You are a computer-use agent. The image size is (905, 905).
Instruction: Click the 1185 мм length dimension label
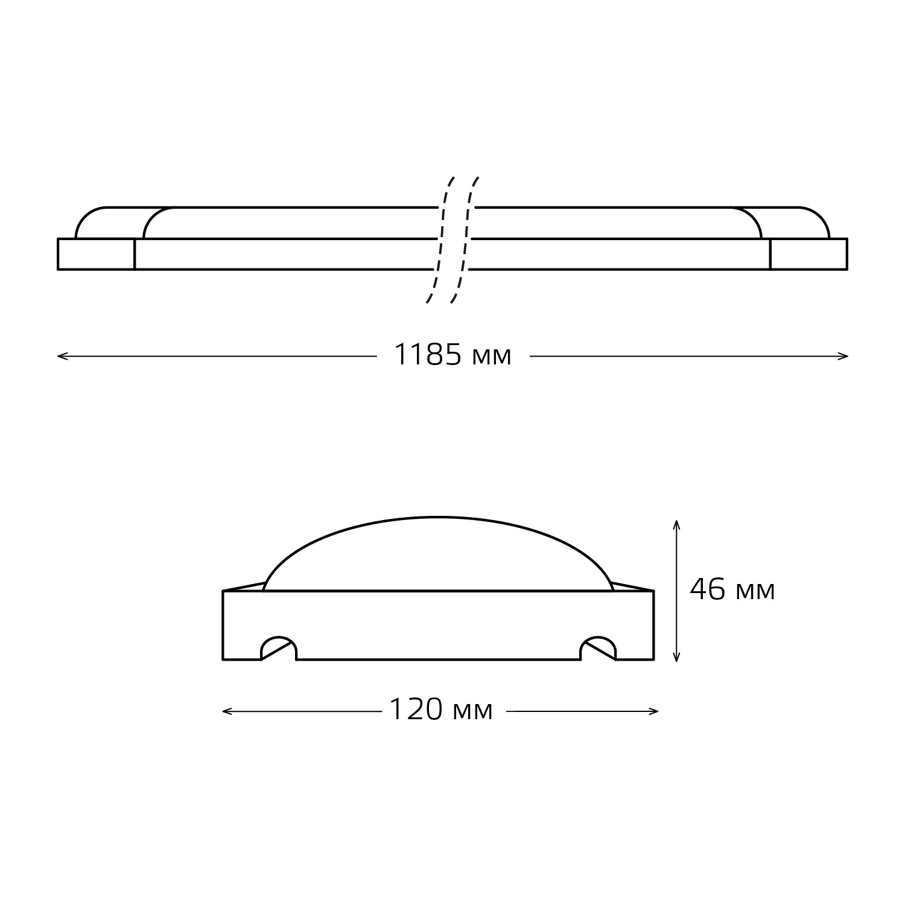point(453,355)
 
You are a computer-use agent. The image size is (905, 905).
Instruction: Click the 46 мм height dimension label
point(732,590)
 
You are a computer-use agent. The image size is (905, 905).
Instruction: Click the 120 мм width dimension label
point(441,710)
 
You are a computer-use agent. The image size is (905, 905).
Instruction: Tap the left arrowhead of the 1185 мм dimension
point(62,357)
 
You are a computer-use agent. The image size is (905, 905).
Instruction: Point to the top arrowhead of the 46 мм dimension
point(676,523)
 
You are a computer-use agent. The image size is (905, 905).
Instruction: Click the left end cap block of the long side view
point(96,254)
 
